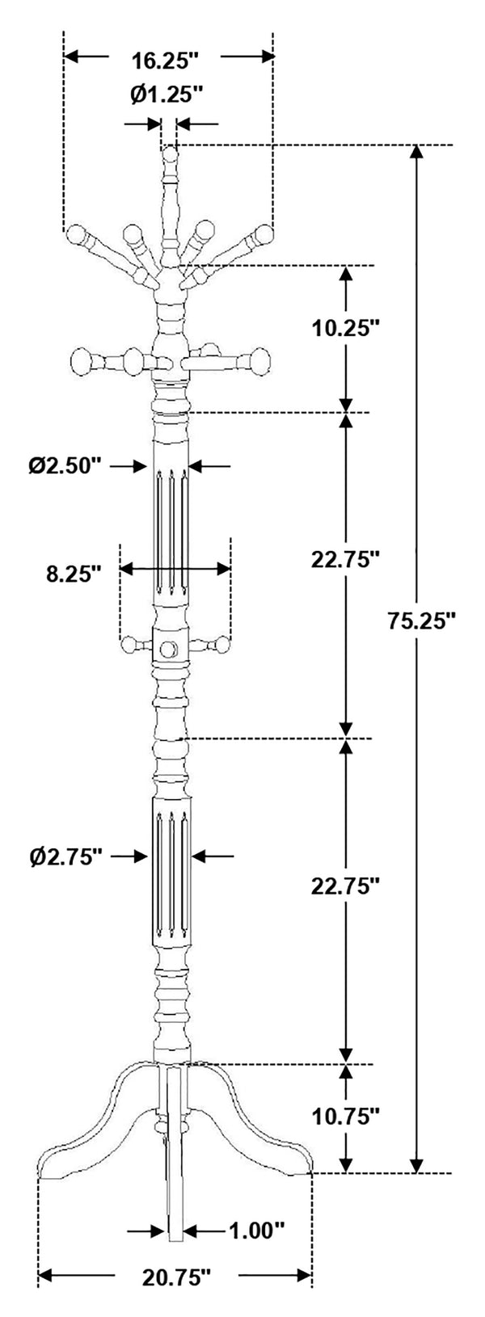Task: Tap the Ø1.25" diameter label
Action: pyautogui.click(x=167, y=94)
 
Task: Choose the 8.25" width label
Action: pyautogui.click(x=74, y=573)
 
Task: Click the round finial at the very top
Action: pyautogui.click(x=170, y=155)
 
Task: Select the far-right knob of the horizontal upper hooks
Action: pyautogui.click(x=259, y=360)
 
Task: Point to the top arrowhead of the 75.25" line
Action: pyautogui.click(x=417, y=152)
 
